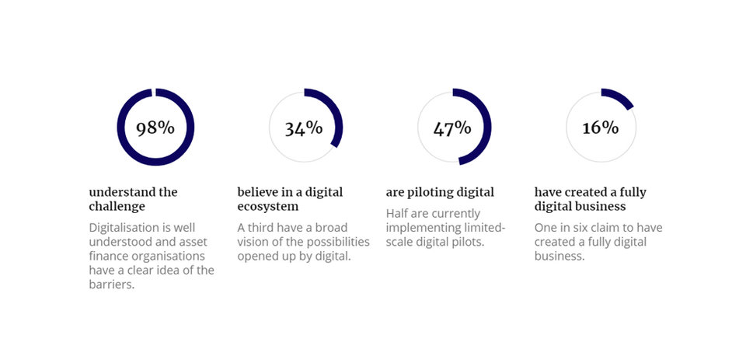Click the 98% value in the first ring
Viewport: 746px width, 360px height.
pos(155,128)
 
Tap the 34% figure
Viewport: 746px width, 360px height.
pos(304,128)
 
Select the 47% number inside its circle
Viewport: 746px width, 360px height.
pos(452,128)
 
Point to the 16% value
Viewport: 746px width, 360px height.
pos(601,128)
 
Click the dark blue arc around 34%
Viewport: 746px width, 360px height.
pos(338,114)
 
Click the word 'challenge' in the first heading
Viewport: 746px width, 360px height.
pos(117,207)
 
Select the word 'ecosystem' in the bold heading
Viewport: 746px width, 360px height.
pos(268,208)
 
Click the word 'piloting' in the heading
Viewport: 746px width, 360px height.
pos(430,193)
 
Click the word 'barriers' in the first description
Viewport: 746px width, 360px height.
pos(110,285)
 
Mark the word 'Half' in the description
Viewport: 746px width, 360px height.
pos(397,213)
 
